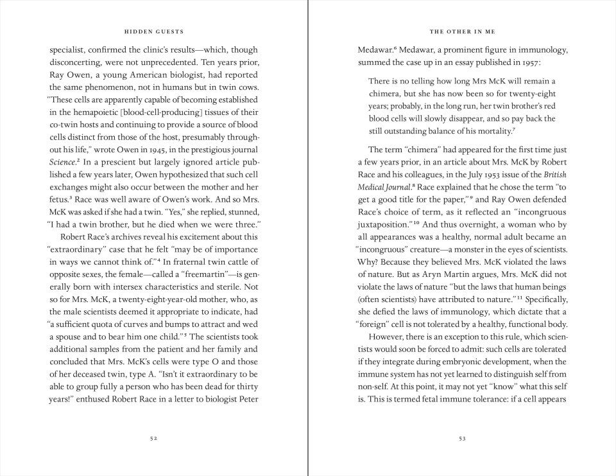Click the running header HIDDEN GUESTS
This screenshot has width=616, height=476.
click(153, 31)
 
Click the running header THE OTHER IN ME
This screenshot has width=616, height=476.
click(462, 31)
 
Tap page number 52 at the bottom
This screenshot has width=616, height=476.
click(153, 439)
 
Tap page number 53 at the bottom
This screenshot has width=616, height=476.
click(462, 439)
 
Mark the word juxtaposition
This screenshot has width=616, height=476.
click(382, 225)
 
